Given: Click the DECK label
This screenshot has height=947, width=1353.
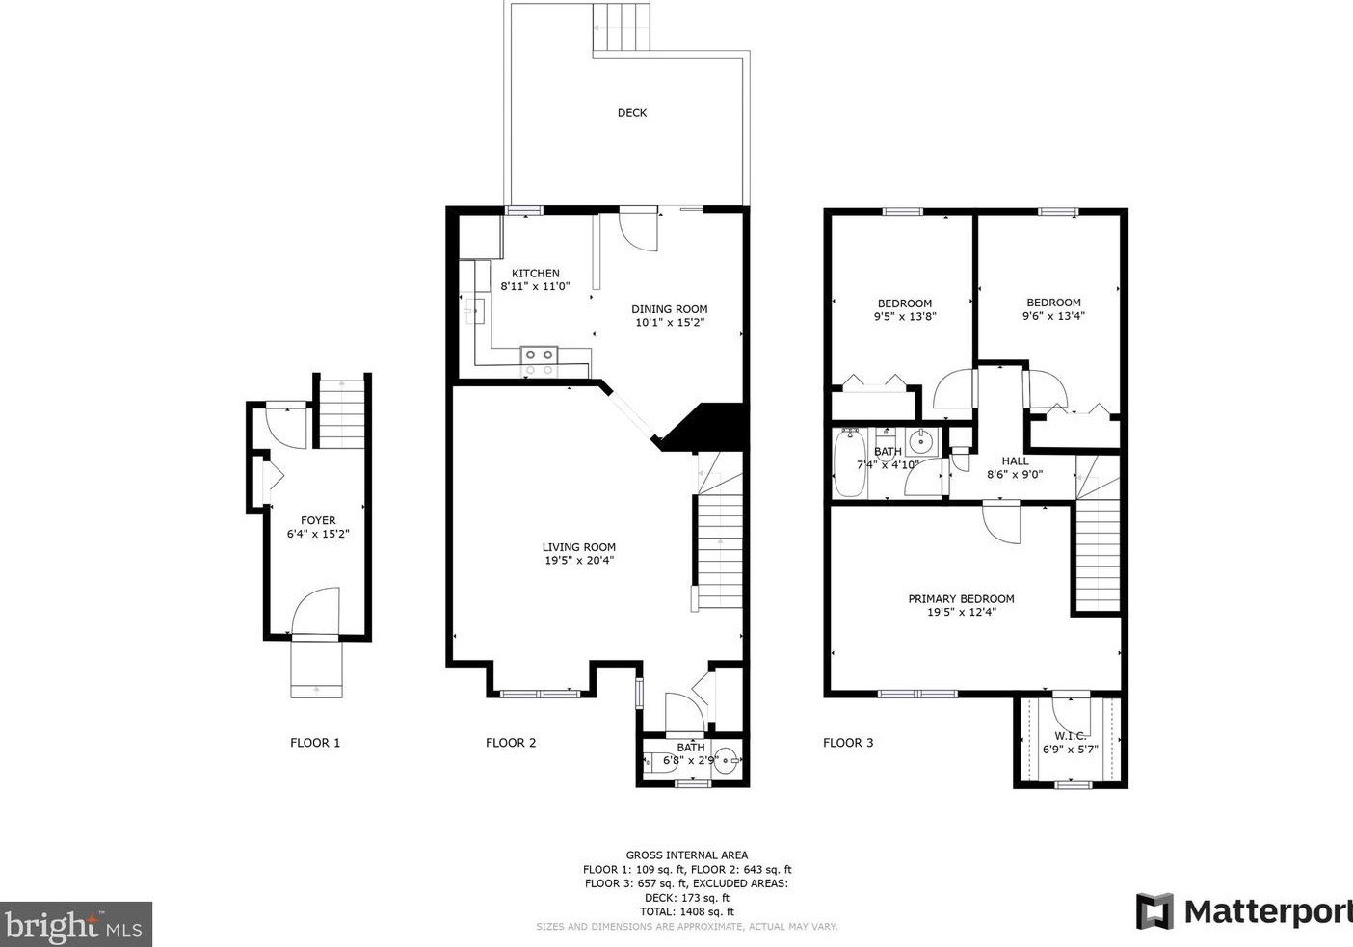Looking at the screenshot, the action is (632, 113).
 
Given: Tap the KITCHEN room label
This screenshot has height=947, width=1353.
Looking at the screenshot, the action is (535, 273).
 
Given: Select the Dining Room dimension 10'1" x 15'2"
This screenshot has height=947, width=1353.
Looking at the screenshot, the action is (670, 323).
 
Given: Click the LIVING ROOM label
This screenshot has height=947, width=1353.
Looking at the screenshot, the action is (578, 547).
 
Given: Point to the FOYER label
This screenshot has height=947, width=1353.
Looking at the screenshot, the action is (318, 520).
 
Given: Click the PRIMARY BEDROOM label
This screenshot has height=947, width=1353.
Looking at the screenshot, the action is (961, 598).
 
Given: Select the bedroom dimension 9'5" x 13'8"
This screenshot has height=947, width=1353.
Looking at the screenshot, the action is (905, 316).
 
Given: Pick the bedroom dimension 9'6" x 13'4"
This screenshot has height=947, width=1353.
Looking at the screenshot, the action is (1053, 315).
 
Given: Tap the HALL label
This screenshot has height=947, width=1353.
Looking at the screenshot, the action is (1015, 460).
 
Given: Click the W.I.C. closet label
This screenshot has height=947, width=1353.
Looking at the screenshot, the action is (1071, 736).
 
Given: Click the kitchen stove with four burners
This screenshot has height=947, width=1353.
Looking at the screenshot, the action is (539, 362).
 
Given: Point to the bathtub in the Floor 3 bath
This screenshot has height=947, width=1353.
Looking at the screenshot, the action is (850, 462).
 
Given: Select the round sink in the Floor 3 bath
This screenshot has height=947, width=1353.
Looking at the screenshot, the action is (921, 442).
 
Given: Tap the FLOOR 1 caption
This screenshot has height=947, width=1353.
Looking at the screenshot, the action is (315, 743).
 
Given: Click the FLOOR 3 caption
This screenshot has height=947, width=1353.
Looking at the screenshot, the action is (848, 743).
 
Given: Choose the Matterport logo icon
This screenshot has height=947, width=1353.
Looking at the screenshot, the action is (1154, 911).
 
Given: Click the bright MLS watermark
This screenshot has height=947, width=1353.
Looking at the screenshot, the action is (75, 925).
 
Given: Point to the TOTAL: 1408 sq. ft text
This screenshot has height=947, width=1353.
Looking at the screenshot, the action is (687, 912).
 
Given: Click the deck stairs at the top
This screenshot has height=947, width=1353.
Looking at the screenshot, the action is (621, 27).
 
